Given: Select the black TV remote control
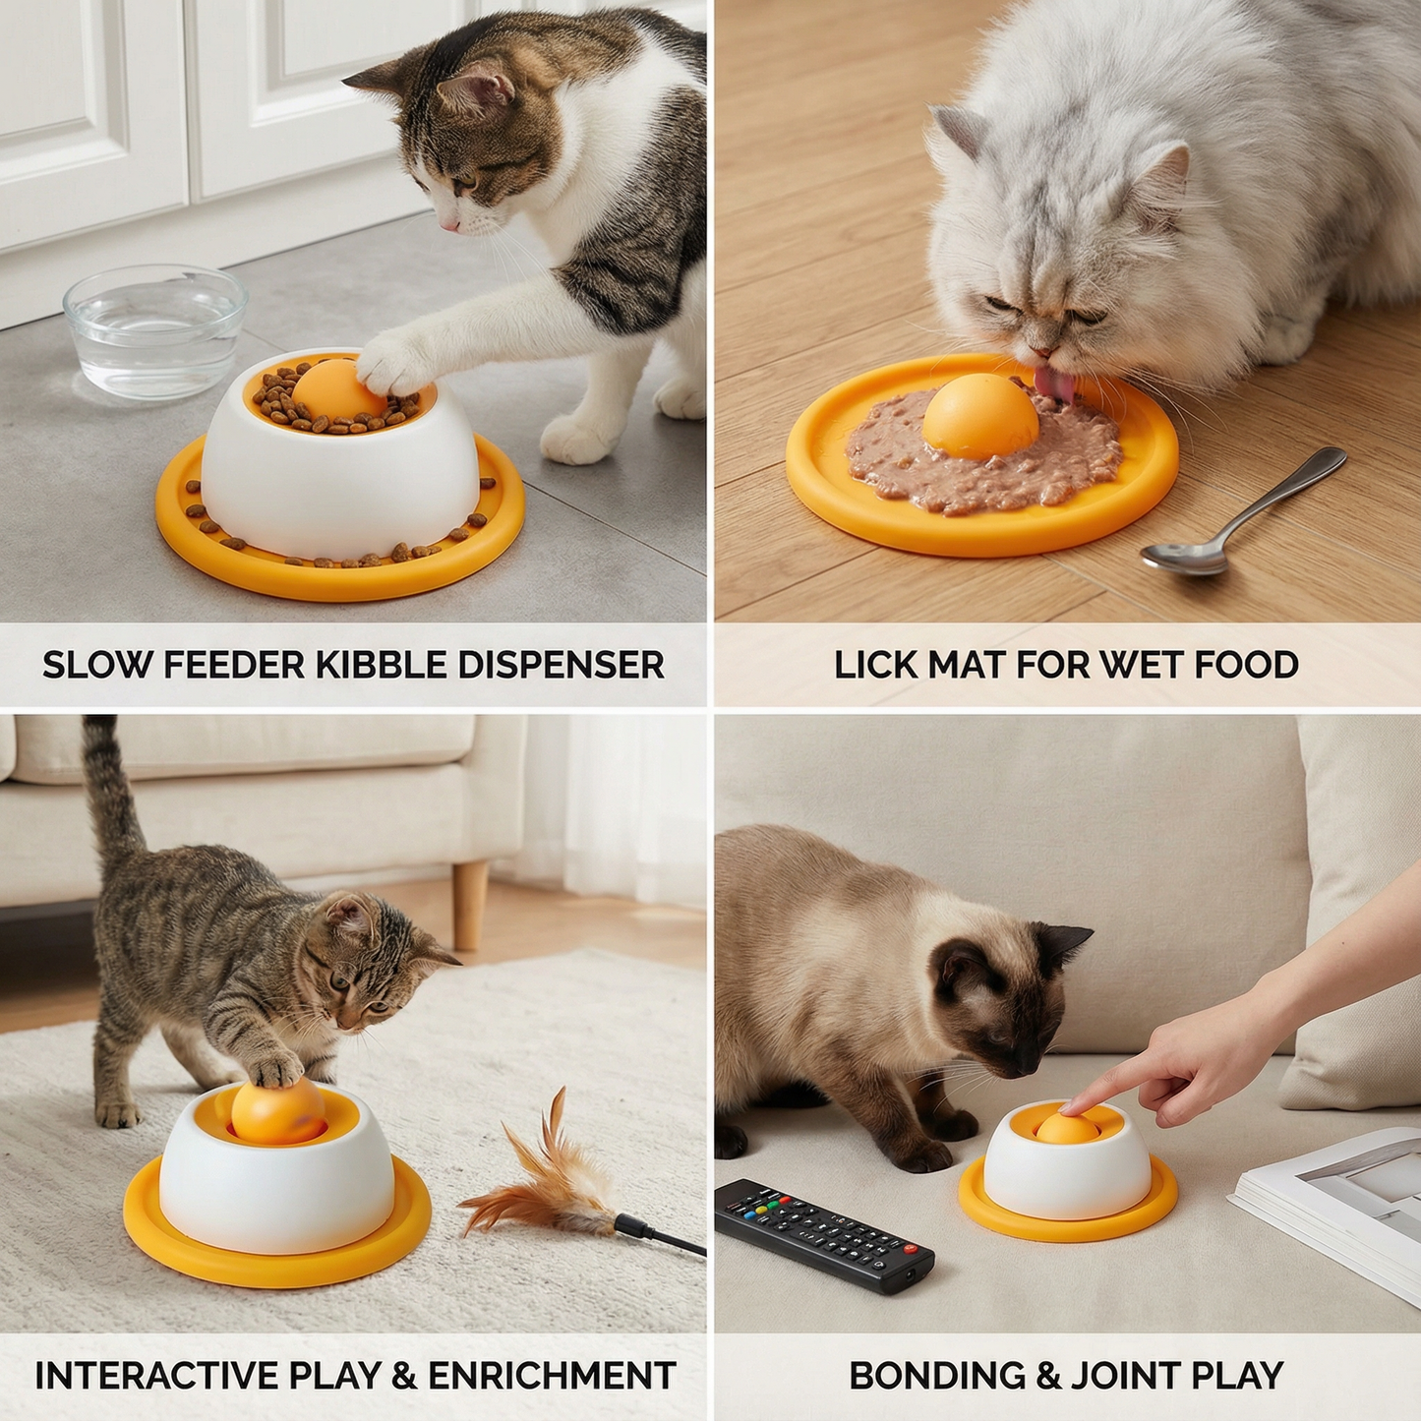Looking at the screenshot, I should click(x=822, y=1233).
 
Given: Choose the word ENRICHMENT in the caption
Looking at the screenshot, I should click(x=552, y=1376).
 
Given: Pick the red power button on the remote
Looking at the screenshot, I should click(x=910, y=1250).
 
